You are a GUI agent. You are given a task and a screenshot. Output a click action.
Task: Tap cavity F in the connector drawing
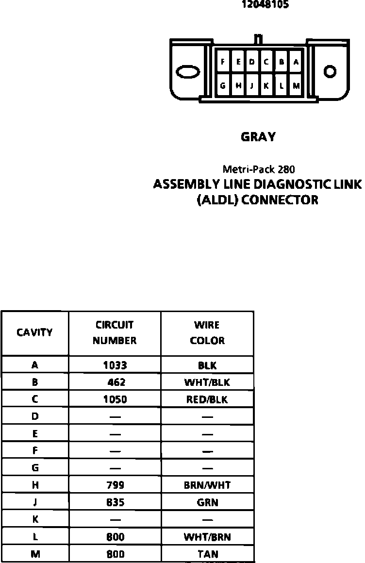click(x=223, y=62)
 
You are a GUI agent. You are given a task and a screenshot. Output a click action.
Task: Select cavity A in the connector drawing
click(x=296, y=62)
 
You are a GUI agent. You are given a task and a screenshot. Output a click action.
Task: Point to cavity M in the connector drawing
click(x=296, y=86)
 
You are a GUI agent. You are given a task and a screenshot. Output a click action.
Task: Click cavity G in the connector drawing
click(x=223, y=86)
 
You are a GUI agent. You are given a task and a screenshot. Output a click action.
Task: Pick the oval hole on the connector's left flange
click(x=188, y=72)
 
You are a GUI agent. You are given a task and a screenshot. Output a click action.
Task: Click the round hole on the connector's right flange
click(x=330, y=72)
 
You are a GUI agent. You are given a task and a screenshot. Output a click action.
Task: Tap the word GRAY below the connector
click(x=258, y=137)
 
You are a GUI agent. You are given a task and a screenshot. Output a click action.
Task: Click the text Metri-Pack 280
click(x=259, y=169)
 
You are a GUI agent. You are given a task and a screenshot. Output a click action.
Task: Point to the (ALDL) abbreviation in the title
click(x=217, y=200)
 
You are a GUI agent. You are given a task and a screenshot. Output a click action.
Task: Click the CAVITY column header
click(x=34, y=332)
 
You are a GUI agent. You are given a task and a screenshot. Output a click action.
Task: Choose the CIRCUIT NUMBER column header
click(x=115, y=332)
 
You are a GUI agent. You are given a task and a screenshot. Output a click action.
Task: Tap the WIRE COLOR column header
click(x=207, y=332)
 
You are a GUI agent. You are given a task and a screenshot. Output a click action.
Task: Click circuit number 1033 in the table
click(x=115, y=365)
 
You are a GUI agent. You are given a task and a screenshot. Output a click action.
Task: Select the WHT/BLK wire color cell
click(x=207, y=382)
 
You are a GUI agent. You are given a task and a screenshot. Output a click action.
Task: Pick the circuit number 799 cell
click(x=115, y=485)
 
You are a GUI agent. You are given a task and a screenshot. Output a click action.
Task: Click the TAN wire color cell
click(x=208, y=554)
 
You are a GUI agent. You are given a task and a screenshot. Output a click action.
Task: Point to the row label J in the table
click(x=34, y=502)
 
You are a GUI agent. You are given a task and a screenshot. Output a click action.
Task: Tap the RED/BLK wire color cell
click(x=207, y=400)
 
